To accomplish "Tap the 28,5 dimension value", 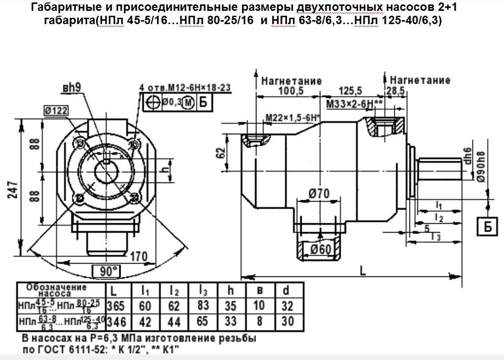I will pyautogui.click(x=395, y=91).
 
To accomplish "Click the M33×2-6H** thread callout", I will pyautogui.click(x=354, y=104).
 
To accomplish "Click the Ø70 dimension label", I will pyautogui.click(x=319, y=195).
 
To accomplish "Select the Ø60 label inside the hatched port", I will pyautogui.click(x=320, y=250).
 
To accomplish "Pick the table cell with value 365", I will pyautogui.click(x=116, y=306).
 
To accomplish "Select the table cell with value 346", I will pyautogui.click(x=116, y=322).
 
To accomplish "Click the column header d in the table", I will pyautogui.click(x=286, y=290).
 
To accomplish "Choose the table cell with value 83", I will pyautogui.click(x=203, y=306).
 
